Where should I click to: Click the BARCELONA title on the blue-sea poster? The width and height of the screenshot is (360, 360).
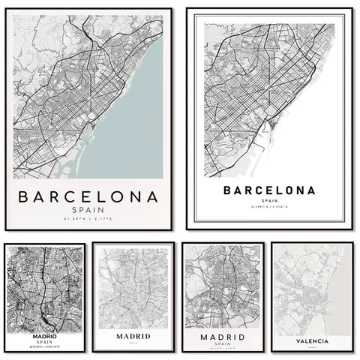[x=88, y=198]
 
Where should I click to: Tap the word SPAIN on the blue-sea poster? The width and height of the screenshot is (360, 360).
[x=88, y=211]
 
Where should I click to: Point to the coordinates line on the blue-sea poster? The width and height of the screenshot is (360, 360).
[x=88, y=220]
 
